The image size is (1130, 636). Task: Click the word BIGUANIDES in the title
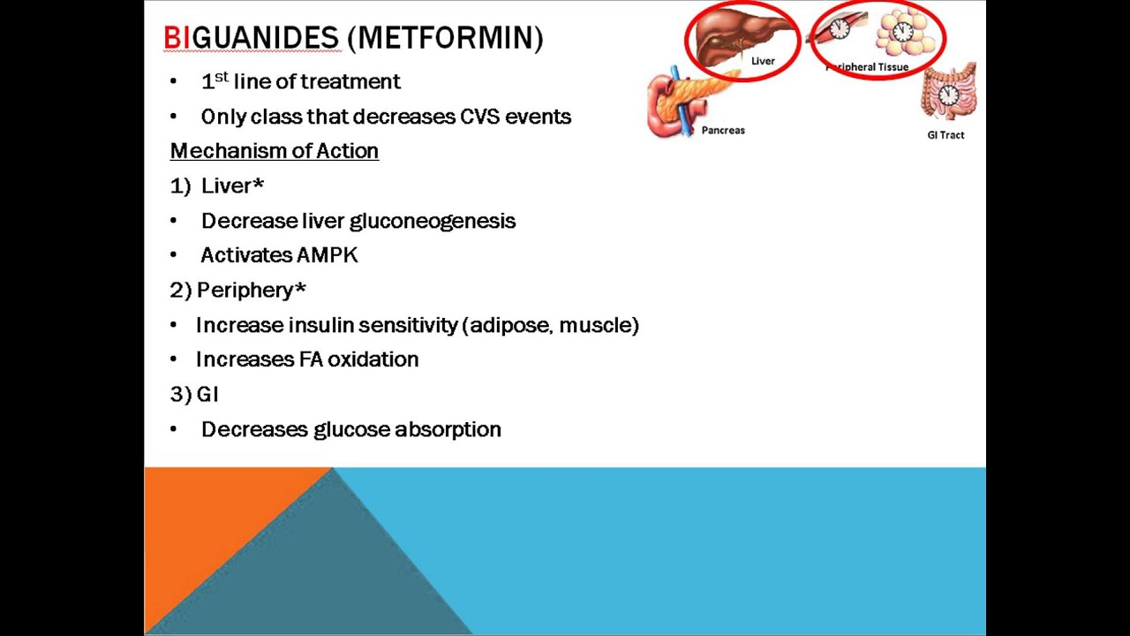pyautogui.click(x=252, y=38)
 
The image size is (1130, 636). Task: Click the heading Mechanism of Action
pyautogui.click(x=274, y=151)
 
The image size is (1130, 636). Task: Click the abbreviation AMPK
pyautogui.click(x=328, y=255)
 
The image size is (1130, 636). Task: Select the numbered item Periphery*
pyautogui.click(x=251, y=290)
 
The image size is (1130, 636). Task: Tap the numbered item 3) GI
pyautogui.click(x=193, y=394)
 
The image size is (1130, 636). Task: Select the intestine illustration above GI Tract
pyautogui.click(x=949, y=92)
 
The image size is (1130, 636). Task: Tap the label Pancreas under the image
pyautogui.click(x=723, y=131)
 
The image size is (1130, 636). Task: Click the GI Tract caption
pyautogui.click(x=945, y=135)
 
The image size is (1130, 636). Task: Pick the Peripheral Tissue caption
pyautogui.click(x=868, y=67)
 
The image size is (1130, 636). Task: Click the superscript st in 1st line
pyautogui.click(x=222, y=77)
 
